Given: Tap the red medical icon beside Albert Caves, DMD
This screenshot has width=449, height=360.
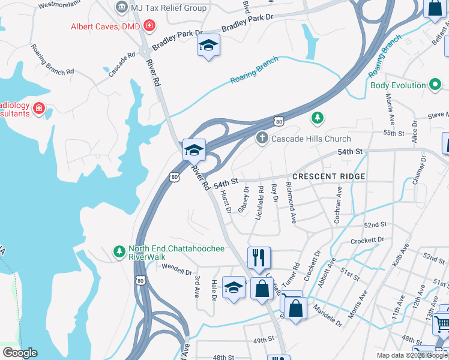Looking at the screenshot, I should pos(148,26).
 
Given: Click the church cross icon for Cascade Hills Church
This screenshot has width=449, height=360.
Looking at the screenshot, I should pos(262,139).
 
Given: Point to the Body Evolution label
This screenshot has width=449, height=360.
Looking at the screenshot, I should pos(398,85).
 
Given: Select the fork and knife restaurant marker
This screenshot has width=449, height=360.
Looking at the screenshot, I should pos(259,257).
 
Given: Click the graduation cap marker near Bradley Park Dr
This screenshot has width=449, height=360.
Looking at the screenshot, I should pos(209,45).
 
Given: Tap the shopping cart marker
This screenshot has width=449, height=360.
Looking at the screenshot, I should pos(443,323).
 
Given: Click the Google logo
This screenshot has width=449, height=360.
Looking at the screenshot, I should pos(20,353).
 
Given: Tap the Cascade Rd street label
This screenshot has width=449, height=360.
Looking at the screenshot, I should pos(122,63).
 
